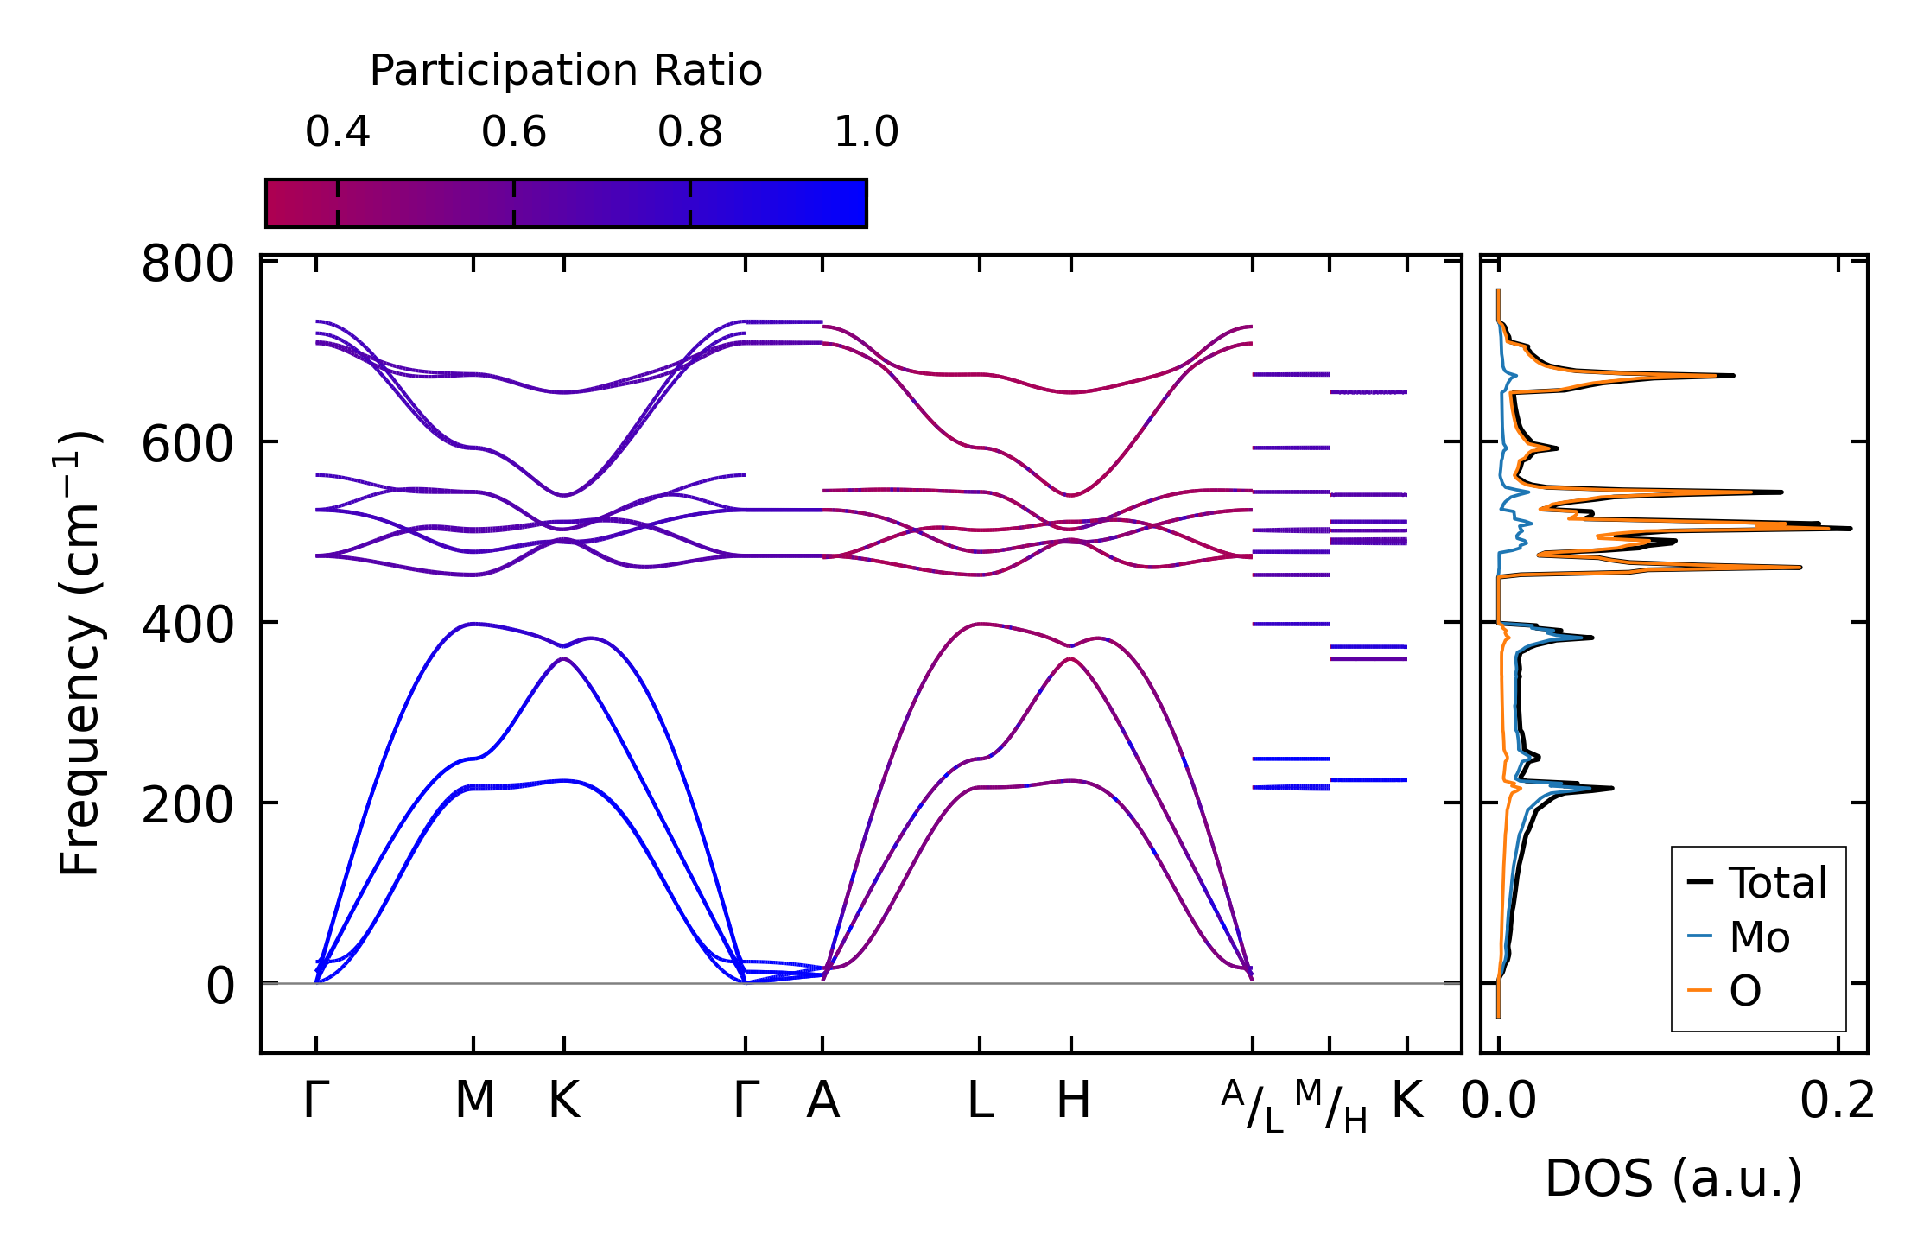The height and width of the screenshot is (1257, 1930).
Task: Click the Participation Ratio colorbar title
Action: point(566,71)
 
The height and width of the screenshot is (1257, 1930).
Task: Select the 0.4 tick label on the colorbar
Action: point(337,132)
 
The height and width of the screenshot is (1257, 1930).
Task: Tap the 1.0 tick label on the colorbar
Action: point(866,132)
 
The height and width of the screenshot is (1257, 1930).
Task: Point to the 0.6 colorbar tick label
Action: point(514,132)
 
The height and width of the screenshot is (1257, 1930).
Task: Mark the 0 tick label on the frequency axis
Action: point(219,986)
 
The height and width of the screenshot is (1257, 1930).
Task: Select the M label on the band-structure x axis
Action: point(474,1101)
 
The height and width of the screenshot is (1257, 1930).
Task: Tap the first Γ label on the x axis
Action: point(316,1101)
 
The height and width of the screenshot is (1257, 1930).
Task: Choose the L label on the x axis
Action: point(980,1101)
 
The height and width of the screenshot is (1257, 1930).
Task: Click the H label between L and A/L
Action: point(1073,1101)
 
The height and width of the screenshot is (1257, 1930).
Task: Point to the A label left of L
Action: point(822,1101)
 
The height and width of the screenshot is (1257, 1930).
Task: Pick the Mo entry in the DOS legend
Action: point(1759,936)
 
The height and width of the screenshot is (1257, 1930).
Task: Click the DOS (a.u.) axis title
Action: point(1673,1178)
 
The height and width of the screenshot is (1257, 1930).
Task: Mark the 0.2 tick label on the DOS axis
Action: point(1837,1101)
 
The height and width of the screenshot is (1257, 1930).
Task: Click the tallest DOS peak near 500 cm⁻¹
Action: point(1847,528)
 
